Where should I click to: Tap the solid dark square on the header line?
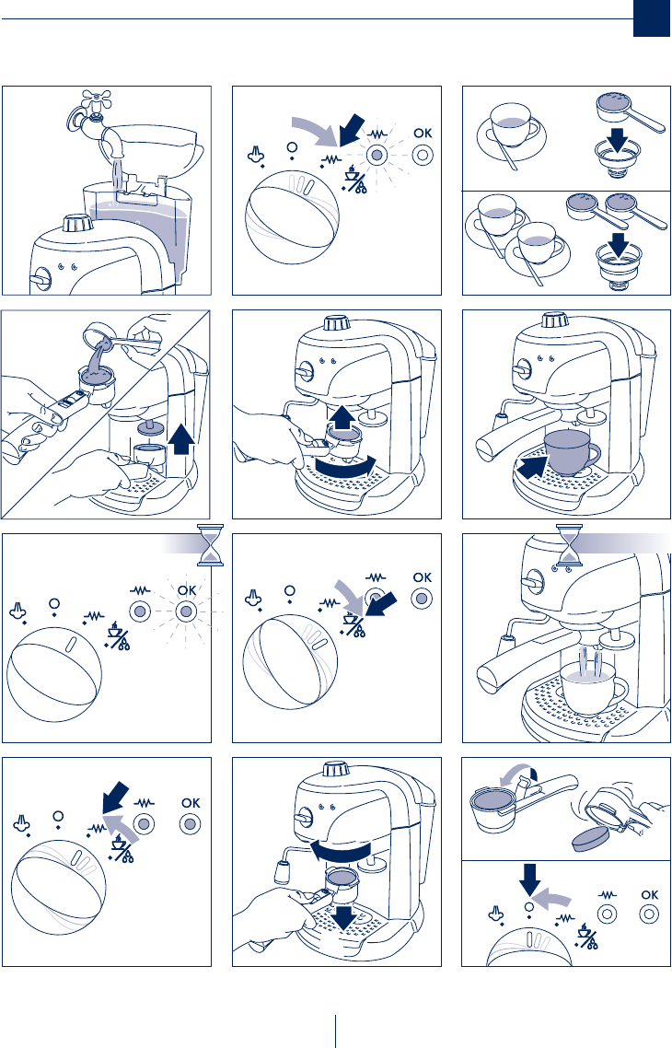[x=650, y=18]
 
